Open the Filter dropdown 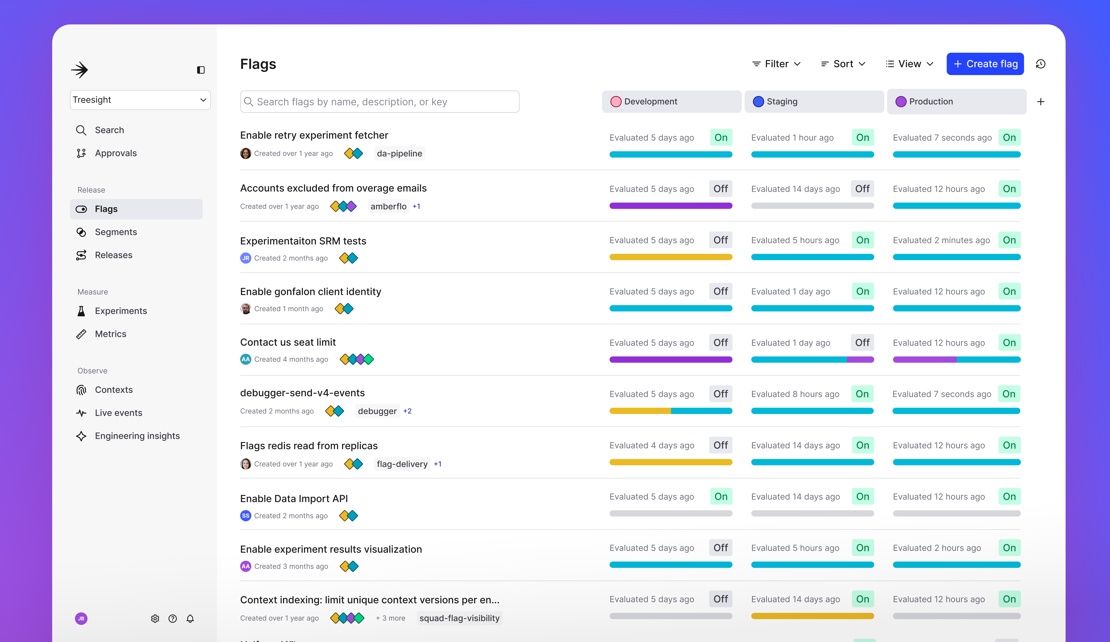tap(776, 64)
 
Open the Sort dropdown tap(843, 64)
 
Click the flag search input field tap(380, 102)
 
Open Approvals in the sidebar tap(115, 153)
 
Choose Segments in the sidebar tap(115, 232)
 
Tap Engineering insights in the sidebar tap(137, 436)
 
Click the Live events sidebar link tap(118, 413)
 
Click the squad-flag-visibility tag tap(459, 618)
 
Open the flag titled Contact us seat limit tap(288, 342)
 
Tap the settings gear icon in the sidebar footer tap(155, 619)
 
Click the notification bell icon tap(190, 619)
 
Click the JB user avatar tap(81, 619)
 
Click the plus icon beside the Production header tap(1040, 102)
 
